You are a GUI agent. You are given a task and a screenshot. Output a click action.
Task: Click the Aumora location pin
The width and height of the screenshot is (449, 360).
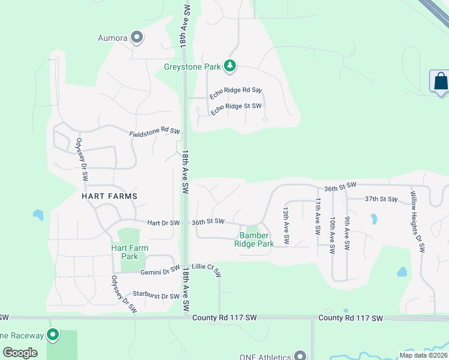click(137, 38)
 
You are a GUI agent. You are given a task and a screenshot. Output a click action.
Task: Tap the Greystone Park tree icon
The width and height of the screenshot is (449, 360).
click(229, 65)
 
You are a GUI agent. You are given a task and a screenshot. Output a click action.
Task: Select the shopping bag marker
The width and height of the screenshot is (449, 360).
click(440, 81)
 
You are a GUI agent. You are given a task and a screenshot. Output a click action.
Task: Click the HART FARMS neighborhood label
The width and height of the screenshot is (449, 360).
click(110, 196)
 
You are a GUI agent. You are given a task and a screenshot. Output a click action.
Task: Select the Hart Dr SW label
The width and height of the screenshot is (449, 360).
click(163, 223)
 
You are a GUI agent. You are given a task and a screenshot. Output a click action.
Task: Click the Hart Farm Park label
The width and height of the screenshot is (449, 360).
click(130, 252)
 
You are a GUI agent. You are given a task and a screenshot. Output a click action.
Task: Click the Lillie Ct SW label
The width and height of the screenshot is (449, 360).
click(206, 271)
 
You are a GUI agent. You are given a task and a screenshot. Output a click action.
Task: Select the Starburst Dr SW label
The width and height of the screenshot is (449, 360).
click(156, 296)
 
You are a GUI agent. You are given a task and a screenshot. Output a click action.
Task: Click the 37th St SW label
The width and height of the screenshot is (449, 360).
click(381, 199)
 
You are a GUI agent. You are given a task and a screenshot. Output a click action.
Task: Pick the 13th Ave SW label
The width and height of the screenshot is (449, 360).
click(286, 226)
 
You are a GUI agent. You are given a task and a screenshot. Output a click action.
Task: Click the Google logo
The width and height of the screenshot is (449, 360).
click(20, 353)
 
